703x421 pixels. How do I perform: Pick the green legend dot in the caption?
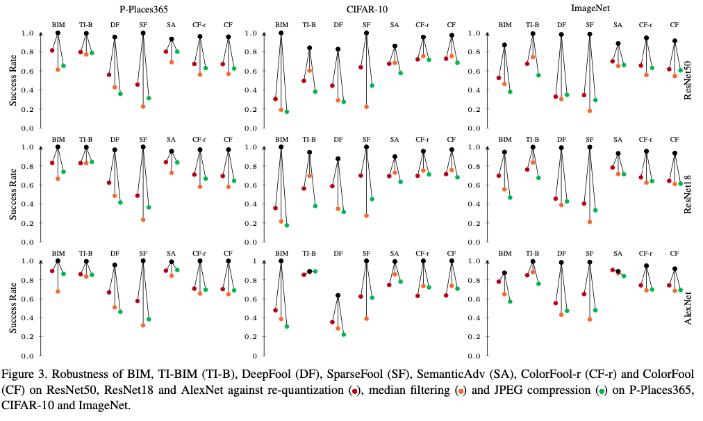pyautogui.click(x=602, y=392)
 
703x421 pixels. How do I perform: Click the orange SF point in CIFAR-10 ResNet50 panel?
pyautogui.click(x=366, y=107)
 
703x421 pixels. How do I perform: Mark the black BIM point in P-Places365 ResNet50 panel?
pyautogui.click(x=58, y=33)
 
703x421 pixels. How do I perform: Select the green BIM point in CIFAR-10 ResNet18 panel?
pyautogui.click(x=287, y=225)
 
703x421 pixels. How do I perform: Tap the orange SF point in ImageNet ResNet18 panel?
pyautogui.click(x=589, y=222)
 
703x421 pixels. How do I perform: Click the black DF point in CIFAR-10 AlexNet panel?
pyautogui.click(x=338, y=295)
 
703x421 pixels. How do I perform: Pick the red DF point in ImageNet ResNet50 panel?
pyautogui.click(x=555, y=97)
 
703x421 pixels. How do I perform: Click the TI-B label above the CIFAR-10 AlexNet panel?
pyautogui.click(x=309, y=253)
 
